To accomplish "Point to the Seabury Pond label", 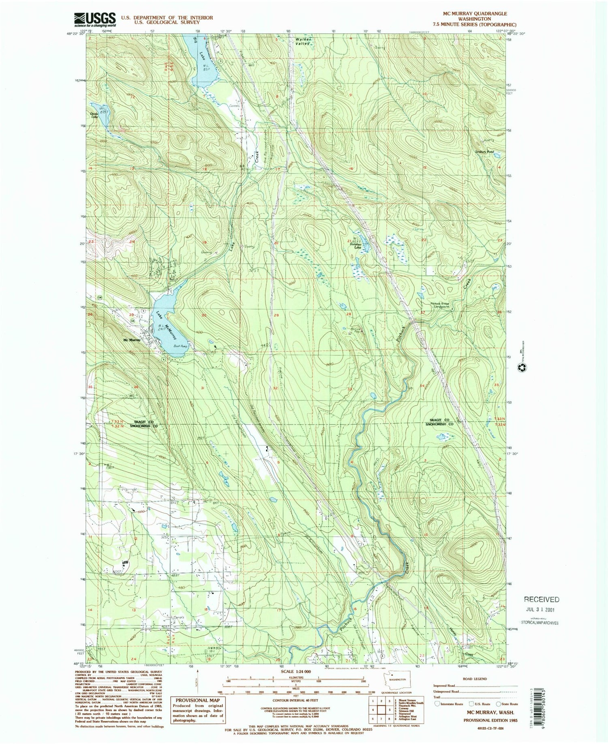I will (485, 152).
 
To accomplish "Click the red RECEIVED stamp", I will (542, 599).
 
